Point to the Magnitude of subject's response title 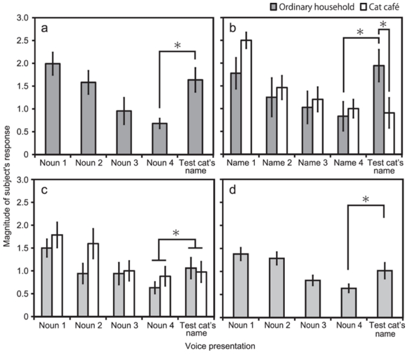pyautogui.click(x=6, y=180)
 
